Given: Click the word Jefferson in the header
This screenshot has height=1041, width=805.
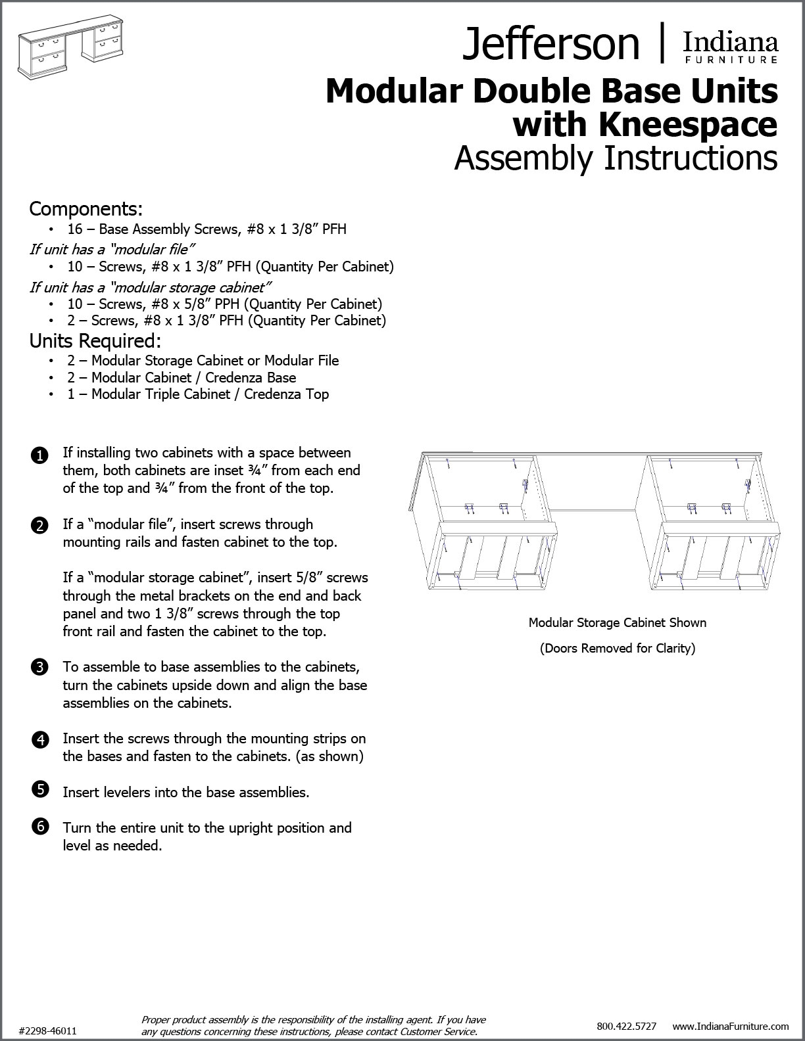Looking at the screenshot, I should point(550,44).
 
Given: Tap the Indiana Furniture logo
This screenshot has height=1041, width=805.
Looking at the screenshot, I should point(730,47).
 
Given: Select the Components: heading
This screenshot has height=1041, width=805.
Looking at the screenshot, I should point(85,209).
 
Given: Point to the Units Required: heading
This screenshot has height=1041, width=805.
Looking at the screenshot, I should point(95,342).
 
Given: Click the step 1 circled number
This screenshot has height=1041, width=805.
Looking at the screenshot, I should point(39,455).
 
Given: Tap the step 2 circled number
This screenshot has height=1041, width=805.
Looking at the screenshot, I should point(39,526).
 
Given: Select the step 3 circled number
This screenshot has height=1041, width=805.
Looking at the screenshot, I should point(39,668).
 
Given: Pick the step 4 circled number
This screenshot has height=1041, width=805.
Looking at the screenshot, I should point(39,740).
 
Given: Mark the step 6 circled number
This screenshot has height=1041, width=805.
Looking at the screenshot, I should point(39,827).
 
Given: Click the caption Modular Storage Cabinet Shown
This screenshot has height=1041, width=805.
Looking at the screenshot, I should point(617,622).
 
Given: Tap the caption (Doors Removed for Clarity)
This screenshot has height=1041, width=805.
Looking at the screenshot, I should point(617,648).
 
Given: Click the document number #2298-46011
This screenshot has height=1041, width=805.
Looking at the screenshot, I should point(48,1030).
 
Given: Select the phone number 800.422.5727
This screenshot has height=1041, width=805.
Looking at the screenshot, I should point(626,1026).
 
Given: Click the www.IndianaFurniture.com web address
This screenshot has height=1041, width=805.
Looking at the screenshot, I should point(730,1026).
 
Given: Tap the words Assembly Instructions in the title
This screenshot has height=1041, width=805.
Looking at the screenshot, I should point(616,158).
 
